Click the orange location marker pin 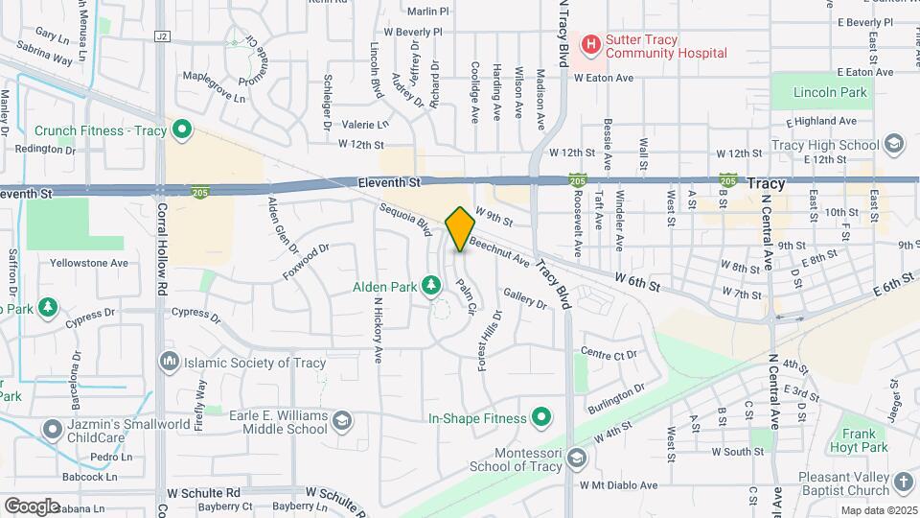[461, 228]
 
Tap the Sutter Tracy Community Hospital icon [591, 43]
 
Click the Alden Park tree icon [432, 286]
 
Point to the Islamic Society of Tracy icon [170, 362]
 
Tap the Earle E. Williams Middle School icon [341, 420]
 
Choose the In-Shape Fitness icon [540, 418]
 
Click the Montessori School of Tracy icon [576, 458]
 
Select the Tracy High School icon [894, 145]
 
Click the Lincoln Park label [831, 93]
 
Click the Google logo [32, 506]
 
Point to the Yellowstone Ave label [89, 263]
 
